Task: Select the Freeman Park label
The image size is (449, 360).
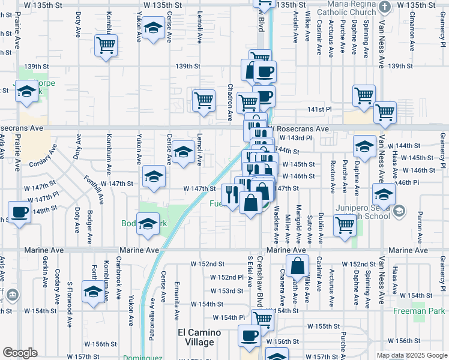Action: [x=419, y=311]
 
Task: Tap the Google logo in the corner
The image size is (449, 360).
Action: [x=20, y=353]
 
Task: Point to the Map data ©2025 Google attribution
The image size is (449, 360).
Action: [x=411, y=355]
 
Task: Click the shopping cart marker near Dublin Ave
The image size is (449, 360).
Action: [x=345, y=225]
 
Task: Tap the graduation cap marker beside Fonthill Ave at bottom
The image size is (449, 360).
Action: [x=93, y=292]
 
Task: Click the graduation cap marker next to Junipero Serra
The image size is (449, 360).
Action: [x=384, y=194]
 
